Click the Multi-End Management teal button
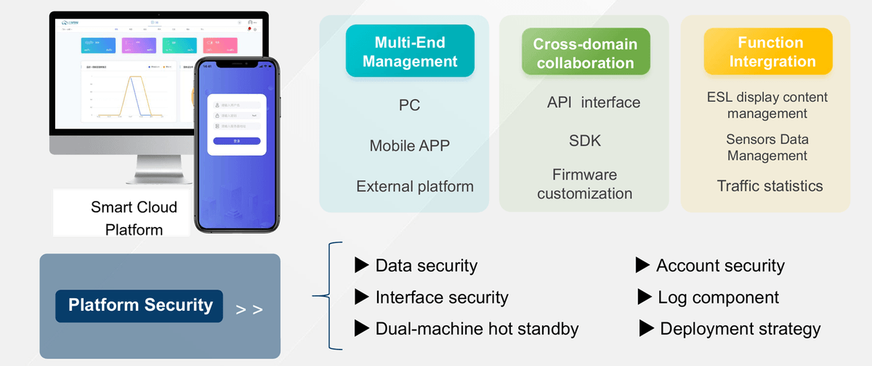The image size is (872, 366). pos(410,51)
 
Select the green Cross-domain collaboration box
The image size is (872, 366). pos(585,53)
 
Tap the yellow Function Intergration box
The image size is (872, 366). pos(767,52)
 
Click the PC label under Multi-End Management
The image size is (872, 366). pos(409,105)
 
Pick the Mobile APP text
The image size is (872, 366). pos(409,146)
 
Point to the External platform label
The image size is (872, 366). pos(414,186)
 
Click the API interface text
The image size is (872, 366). pos(594,103)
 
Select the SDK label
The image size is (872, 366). pos(585,140)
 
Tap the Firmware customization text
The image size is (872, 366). pos(584,184)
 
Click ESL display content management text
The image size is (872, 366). pos(767,106)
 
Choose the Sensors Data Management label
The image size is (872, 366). pos(767,147)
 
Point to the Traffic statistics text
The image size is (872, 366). pos(770,186)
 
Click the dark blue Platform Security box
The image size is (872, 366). pos(140,305)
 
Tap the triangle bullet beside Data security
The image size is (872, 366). pos(361,265)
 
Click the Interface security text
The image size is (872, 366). pos(441,297)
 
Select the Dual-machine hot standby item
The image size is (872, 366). pos(477,329)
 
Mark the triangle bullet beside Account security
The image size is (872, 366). pos(642,265)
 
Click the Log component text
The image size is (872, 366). pos(718,297)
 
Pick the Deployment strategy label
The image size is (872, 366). pos(740,329)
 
